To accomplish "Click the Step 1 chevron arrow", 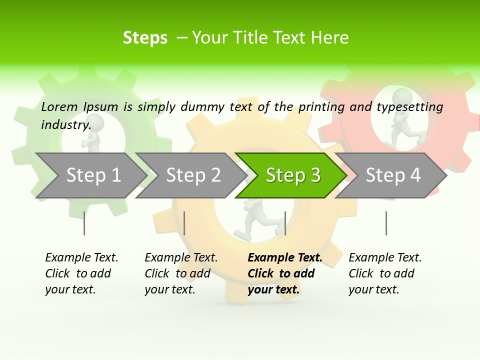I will tap(92, 175).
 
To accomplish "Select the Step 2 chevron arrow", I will tap(192, 175).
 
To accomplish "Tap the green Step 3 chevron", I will tap(292, 175).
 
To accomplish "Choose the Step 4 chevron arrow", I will tap(392, 175).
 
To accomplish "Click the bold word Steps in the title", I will tap(145, 38).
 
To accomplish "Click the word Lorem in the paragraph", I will tap(59, 106).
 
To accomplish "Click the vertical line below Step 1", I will tap(84, 223).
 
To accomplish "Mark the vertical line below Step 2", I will tap(184, 223).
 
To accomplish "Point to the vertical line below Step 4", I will tap(386, 223).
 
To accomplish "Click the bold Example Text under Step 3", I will tap(284, 258).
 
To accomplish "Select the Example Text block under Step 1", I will tap(81, 273).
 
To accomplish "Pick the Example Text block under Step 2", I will tap(181, 273).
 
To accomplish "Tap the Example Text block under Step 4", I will tap(385, 273).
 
